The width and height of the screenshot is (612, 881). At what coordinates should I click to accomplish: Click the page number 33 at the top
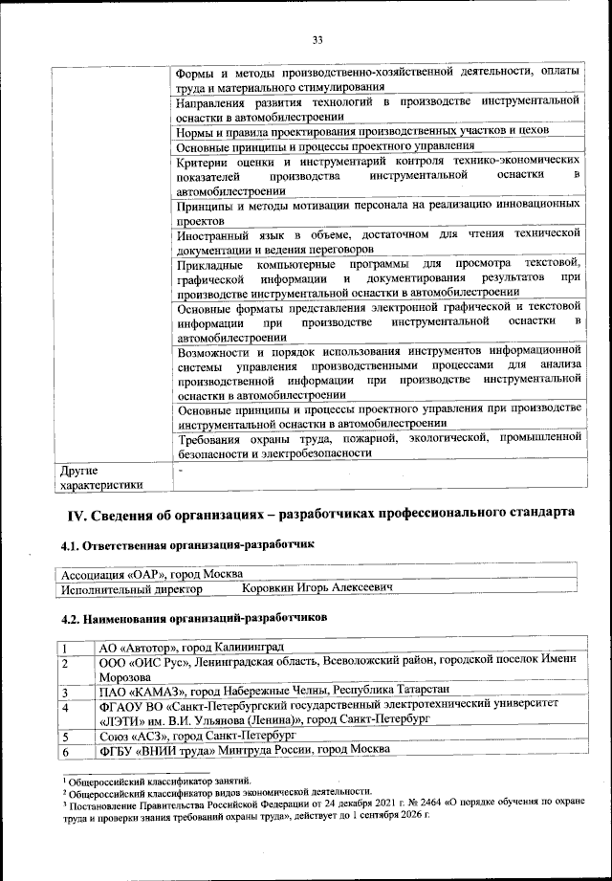click(x=318, y=39)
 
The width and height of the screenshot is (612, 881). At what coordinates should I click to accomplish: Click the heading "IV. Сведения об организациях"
click(x=319, y=515)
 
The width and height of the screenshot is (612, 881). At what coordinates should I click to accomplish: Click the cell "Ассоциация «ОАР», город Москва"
click(x=153, y=576)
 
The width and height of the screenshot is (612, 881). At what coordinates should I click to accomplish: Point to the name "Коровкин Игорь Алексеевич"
click(x=317, y=589)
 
